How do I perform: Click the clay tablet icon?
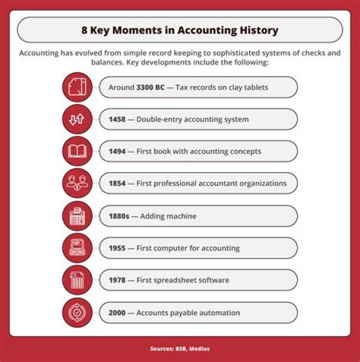[77, 87]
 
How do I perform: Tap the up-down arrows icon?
[77, 119]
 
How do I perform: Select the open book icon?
[77, 151]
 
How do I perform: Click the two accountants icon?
[77, 183]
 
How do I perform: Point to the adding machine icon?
[77, 216]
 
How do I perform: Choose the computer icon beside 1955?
[77, 248]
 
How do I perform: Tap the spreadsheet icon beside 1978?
[77, 280]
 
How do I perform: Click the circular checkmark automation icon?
[77, 313]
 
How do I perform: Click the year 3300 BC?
[150, 87]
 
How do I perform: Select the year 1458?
[117, 119]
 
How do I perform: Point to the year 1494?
[117, 151]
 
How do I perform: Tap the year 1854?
[117, 183]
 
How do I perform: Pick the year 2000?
[117, 313]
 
